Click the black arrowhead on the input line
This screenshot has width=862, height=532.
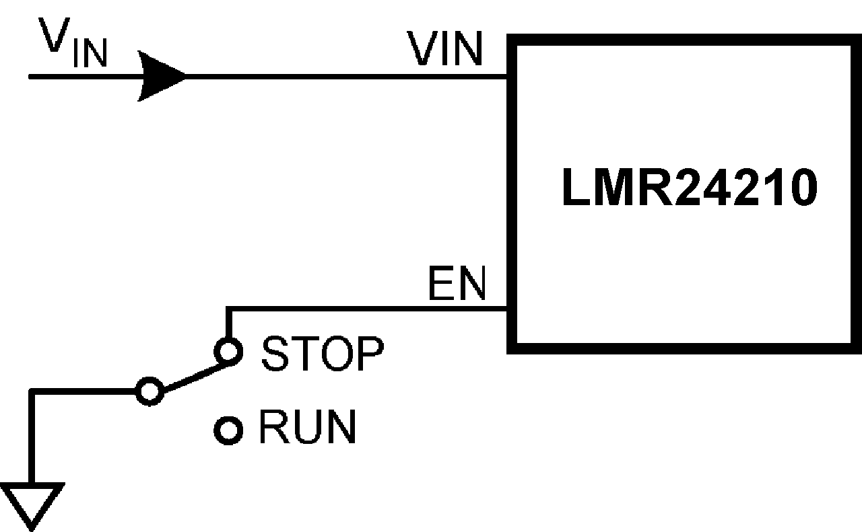click(x=162, y=77)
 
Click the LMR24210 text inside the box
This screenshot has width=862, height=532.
click(x=689, y=190)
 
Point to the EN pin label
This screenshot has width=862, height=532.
click(x=456, y=285)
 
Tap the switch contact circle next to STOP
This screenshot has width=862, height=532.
click(x=228, y=351)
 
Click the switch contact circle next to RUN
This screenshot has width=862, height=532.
click(x=228, y=430)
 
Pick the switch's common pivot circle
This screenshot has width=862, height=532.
click(x=149, y=391)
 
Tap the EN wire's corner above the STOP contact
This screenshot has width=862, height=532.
click(x=228, y=309)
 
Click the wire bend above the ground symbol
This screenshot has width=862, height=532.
click(x=32, y=391)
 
